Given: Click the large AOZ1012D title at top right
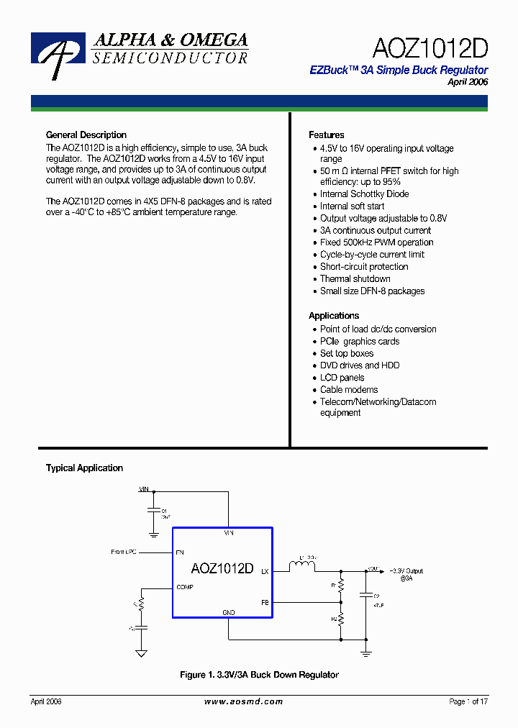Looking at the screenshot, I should (430, 48).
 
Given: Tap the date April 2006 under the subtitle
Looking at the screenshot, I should (468, 82).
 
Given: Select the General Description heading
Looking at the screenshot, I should (86, 135).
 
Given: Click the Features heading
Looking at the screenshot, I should (326, 135).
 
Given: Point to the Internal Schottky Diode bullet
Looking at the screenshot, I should (364, 194).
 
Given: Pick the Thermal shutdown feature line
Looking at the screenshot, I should (355, 278).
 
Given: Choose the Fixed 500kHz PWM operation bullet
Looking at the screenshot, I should (376, 242).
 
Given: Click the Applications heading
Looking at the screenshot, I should (333, 316).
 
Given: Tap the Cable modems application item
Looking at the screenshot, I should (349, 390).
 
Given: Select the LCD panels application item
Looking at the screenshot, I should (342, 378).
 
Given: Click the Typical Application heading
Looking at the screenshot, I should (84, 468).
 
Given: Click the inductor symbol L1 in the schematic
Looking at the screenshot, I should (302, 568).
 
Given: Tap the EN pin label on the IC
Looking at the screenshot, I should (179, 552).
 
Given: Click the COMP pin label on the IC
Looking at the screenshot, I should (184, 587).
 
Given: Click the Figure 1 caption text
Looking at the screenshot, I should (258, 675).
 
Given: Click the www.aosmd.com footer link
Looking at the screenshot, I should (243, 701).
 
